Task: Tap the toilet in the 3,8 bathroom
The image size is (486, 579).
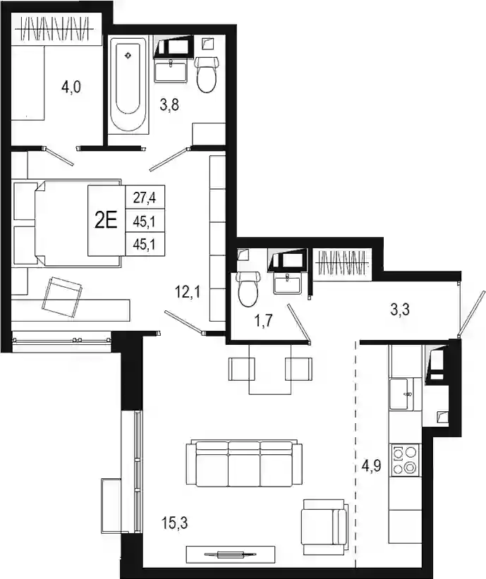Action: click(207, 75)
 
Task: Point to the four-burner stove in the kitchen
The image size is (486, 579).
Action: click(405, 460)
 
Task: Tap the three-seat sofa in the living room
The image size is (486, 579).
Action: click(244, 463)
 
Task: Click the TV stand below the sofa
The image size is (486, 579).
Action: click(231, 554)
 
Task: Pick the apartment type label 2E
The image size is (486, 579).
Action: click(106, 221)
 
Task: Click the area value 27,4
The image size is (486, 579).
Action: click(144, 198)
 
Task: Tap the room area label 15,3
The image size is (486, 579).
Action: click(174, 523)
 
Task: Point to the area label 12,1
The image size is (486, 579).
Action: click(187, 293)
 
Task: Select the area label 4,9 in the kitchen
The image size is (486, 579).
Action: click(371, 466)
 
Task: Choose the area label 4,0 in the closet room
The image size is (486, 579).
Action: click(71, 88)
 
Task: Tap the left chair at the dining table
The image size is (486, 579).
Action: click(242, 369)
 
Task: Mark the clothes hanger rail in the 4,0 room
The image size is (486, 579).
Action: click(56, 29)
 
